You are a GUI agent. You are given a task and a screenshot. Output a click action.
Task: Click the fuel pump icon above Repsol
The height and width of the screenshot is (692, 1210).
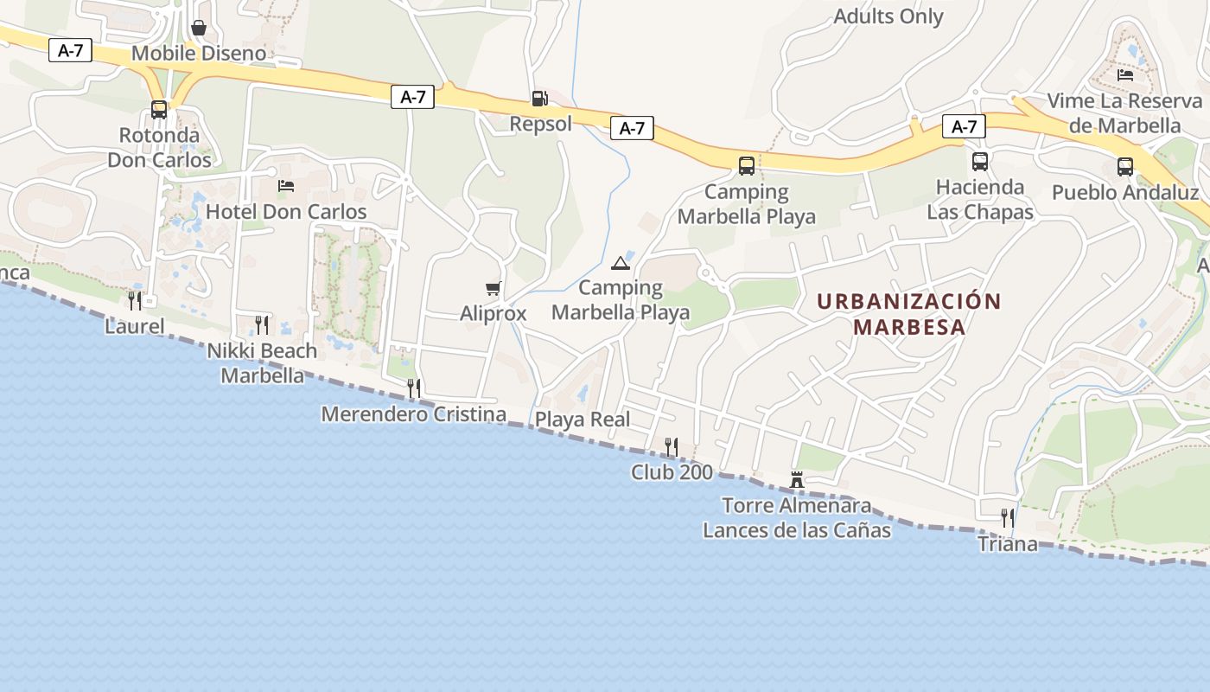[539, 99]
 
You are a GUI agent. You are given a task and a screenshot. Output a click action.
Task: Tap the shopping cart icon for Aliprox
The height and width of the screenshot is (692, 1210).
[493, 288]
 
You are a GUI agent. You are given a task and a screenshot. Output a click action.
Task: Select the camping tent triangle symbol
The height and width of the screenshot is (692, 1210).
[619, 263]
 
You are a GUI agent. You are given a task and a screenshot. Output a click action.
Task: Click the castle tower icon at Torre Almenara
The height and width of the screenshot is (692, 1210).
[797, 479]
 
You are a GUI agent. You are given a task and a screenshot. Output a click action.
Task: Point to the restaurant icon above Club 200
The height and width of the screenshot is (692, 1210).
[671, 446]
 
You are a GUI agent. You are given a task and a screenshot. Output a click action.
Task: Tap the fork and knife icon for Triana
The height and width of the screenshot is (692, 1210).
[1007, 517]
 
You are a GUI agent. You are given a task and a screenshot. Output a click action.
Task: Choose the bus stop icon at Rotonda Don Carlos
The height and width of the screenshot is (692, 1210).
[159, 110]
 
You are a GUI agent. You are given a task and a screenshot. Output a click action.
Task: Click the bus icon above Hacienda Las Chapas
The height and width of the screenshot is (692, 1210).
[979, 162]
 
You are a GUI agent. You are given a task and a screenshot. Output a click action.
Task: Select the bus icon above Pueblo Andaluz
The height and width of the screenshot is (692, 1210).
[1124, 167]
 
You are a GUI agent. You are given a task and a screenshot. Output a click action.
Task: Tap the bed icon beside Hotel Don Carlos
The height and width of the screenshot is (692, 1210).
[286, 185]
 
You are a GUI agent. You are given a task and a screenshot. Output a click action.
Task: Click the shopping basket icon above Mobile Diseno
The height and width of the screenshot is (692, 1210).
[199, 29]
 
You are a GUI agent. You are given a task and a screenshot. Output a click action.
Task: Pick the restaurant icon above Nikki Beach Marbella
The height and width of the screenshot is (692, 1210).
[262, 325]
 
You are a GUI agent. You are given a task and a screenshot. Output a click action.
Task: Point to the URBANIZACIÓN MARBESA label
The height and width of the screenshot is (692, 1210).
[908, 314]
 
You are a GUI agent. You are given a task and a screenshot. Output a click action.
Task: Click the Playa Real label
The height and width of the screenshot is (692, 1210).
[583, 420]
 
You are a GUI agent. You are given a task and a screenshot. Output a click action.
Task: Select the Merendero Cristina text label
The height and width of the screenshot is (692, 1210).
[413, 414]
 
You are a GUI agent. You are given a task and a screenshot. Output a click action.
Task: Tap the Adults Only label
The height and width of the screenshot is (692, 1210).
[888, 16]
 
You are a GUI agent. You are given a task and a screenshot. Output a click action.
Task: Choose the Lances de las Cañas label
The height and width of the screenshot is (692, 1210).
[796, 529]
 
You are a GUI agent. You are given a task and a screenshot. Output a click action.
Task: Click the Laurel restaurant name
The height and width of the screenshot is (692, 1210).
[134, 326]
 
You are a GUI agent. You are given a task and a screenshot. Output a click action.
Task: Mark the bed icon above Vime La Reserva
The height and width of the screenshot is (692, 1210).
[1124, 75]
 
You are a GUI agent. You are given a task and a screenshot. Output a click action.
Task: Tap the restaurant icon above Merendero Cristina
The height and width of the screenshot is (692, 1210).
[414, 388]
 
